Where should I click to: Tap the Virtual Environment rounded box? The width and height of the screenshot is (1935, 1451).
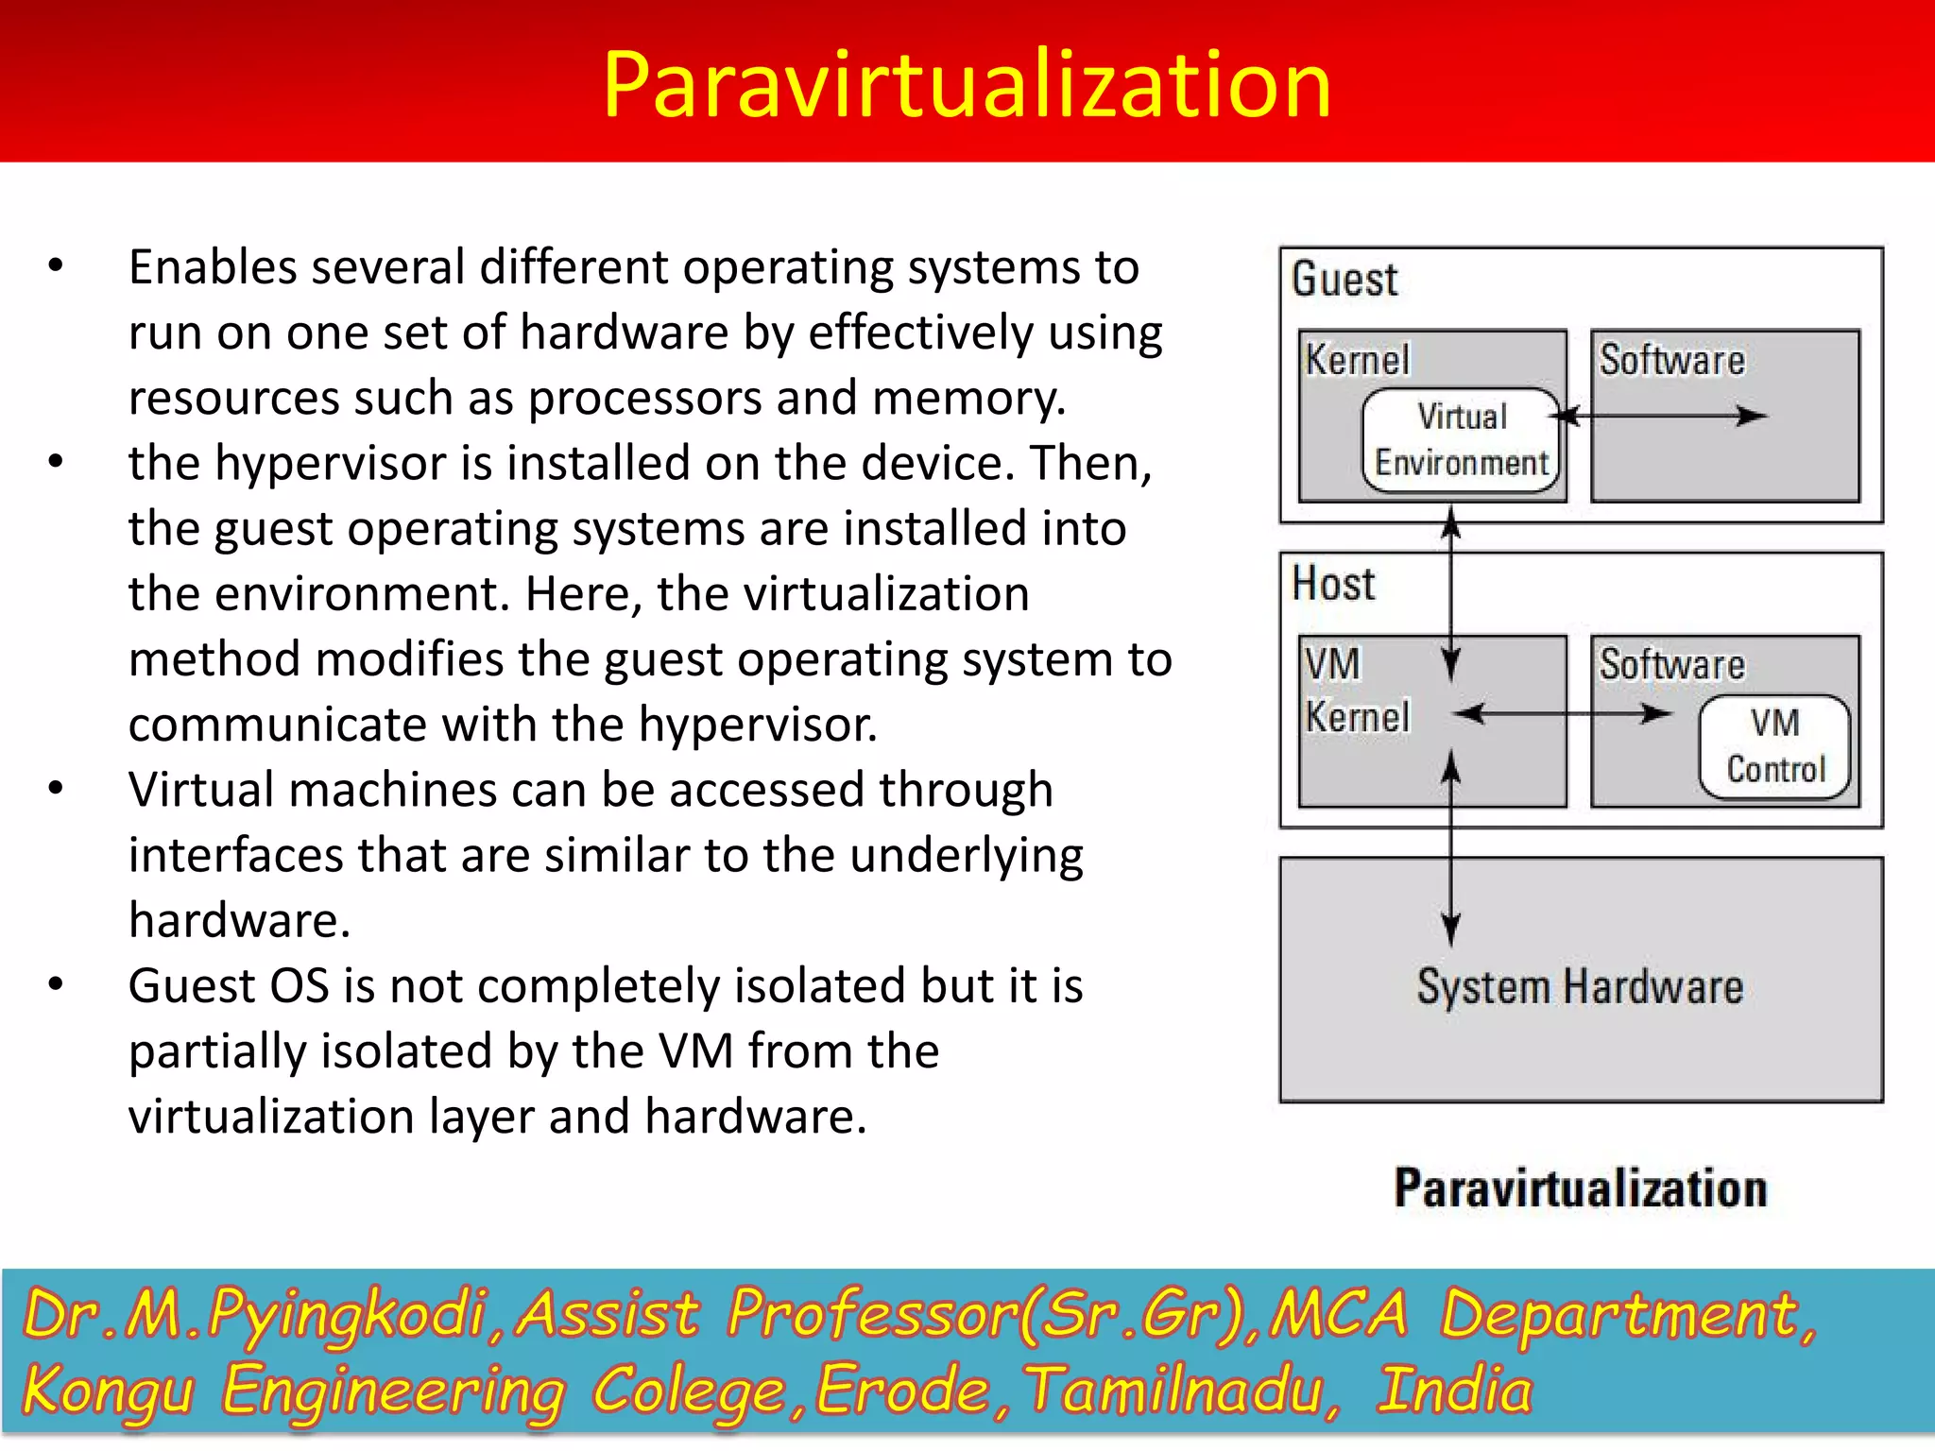pyautogui.click(x=1461, y=440)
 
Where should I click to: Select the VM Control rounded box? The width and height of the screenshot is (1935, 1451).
pyautogui.click(x=1774, y=746)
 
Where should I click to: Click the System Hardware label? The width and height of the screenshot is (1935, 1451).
pyautogui.click(x=1580, y=987)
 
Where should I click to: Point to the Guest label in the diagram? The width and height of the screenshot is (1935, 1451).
pyautogui.click(x=1344, y=280)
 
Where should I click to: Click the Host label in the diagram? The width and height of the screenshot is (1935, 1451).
pyautogui.click(x=1333, y=584)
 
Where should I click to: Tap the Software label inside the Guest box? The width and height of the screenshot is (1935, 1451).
pyautogui.click(x=1671, y=360)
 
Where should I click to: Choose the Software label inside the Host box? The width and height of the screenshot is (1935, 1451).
pyautogui.click(x=1671, y=664)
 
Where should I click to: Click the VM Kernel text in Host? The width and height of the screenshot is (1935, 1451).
pyautogui.click(x=1357, y=690)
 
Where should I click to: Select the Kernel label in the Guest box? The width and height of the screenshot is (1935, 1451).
pyautogui.click(x=1357, y=360)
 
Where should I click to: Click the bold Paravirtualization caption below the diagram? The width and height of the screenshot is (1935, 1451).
pyautogui.click(x=1580, y=1187)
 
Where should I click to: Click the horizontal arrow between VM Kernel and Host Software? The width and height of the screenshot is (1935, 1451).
pyautogui.click(x=1564, y=714)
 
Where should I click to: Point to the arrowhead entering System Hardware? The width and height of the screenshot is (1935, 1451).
pyautogui.click(x=1451, y=930)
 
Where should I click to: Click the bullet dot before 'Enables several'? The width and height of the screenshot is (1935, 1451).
pyautogui.click(x=56, y=266)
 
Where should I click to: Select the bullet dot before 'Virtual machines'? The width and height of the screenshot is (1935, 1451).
pyautogui.click(x=56, y=788)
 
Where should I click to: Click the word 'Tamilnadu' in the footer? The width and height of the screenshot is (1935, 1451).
pyautogui.click(x=1181, y=1391)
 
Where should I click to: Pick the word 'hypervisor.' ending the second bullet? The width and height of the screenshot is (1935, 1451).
pyautogui.click(x=758, y=725)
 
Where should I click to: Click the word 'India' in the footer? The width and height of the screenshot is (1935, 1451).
pyautogui.click(x=1453, y=1391)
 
